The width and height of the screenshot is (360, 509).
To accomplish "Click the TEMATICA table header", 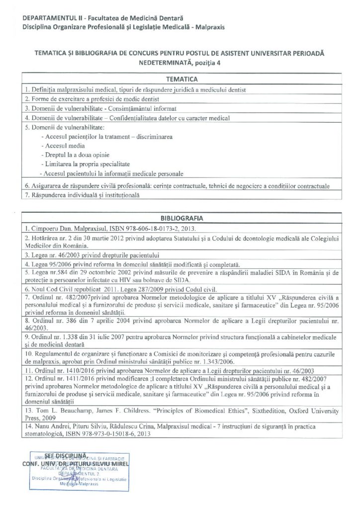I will click(x=182, y=79).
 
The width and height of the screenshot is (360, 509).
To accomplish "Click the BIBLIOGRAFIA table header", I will click(x=182, y=218).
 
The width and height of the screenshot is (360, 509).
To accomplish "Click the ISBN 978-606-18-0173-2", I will click(x=149, y=229).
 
